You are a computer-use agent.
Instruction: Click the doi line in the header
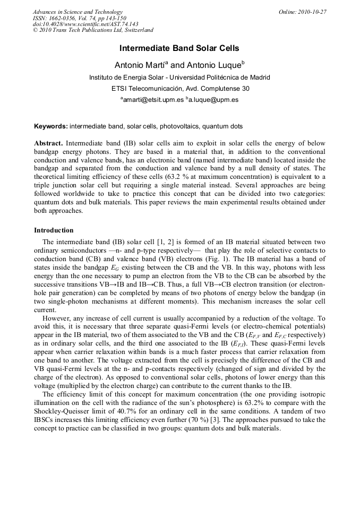click(x=85, y=24)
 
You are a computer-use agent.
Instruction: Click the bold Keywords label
click(x=50, y=126)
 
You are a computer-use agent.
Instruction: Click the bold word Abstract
click(x=48, y=143)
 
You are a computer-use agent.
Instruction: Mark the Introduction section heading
click(x=54, y=230)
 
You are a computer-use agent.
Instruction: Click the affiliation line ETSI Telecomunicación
click(x=180, y=88)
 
